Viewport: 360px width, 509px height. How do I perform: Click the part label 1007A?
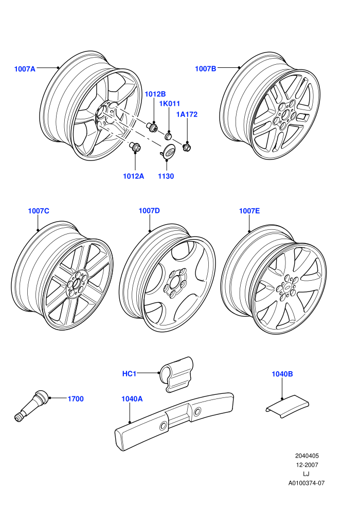[x=25, y=69]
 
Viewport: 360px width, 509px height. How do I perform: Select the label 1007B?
[x=206, y=69]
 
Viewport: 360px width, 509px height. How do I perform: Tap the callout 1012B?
[x=155, y=94]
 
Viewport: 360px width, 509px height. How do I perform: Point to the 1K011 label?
[x=169, y=104]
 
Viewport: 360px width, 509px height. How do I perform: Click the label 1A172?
[x=187, y=115]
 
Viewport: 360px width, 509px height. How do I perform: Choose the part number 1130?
[x=166, y=176]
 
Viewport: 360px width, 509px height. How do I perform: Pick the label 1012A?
[x=133, y=176]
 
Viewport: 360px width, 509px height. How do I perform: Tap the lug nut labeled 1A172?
[x=187, y=148]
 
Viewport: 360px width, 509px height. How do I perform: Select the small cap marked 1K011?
[x=169, y=135]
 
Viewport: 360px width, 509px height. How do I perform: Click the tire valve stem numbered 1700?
[x=32, y=406]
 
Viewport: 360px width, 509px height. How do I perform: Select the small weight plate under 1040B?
[x=287, y=406]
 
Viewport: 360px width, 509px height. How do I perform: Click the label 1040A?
[x=132, y=399]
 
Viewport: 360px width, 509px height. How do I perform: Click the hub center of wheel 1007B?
[x=285, y=115]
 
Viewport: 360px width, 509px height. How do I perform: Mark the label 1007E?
[x=249, y=211]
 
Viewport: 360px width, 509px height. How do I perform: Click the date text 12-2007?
[x=307, y=465]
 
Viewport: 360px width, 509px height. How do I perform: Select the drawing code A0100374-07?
[x=307, y=483]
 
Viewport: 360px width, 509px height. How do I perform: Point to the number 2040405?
[x=307, y=456]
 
